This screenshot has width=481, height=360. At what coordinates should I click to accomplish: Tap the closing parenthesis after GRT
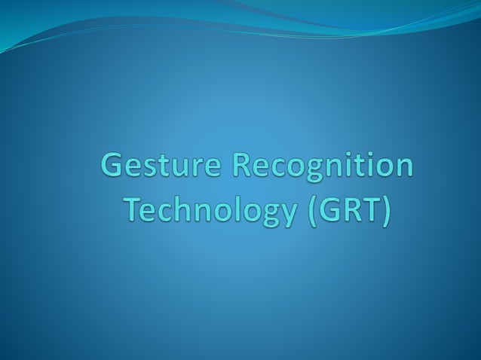tap(388, 210)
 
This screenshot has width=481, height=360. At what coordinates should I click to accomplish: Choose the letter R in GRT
tap(351, 209)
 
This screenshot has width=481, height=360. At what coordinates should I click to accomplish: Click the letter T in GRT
tap(372, 209)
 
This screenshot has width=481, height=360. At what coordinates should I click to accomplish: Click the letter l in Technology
tap(233, 209)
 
